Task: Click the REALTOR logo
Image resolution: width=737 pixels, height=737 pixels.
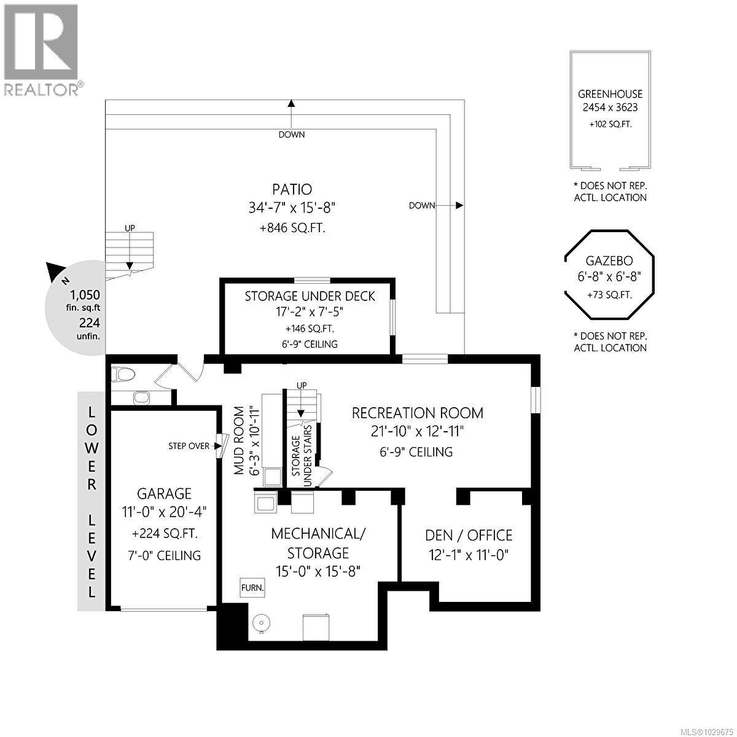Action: pos(41,49)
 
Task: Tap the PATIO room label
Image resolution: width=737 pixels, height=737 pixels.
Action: pos(292,189)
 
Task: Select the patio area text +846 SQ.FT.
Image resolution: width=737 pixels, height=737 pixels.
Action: pos(292,228)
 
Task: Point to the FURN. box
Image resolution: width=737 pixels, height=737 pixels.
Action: pos(252,588)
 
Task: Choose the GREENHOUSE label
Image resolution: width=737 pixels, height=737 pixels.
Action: pos(610,94)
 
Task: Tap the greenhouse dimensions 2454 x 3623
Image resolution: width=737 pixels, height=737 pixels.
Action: pos(610,107)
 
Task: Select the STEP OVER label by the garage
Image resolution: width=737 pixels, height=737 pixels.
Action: pos(189,446)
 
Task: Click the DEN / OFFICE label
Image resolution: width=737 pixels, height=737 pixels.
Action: pos(469,536)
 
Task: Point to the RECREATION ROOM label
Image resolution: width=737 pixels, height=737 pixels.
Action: pos(417,413)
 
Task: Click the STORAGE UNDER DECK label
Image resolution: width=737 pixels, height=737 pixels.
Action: pos(310,296)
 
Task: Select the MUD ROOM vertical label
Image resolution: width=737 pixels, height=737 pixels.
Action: pos(240,440)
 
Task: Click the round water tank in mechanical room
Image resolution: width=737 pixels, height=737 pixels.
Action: pos(261,624)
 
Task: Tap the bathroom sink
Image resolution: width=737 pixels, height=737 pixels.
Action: pos(142,398)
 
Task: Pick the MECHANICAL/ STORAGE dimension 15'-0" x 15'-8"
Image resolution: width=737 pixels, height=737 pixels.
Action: pos(318,571)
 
